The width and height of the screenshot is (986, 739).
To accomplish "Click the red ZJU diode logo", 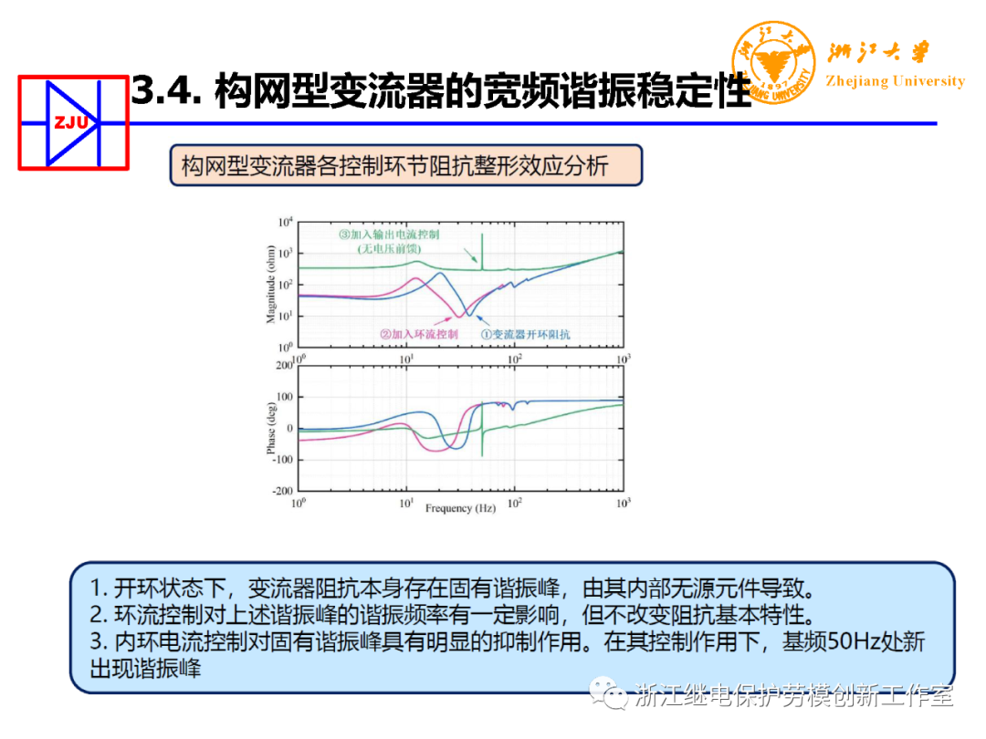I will click(74, 122).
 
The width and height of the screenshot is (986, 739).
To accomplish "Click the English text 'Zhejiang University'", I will click(895, 81).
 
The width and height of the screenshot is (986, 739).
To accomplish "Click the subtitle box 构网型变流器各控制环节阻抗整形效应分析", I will click(406, 165).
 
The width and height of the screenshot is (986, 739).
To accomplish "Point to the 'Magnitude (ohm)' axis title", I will click(271, 285).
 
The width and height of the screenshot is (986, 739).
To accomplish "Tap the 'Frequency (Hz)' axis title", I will click(460, 508).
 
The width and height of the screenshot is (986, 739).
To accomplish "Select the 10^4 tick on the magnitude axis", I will click(285, 223).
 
